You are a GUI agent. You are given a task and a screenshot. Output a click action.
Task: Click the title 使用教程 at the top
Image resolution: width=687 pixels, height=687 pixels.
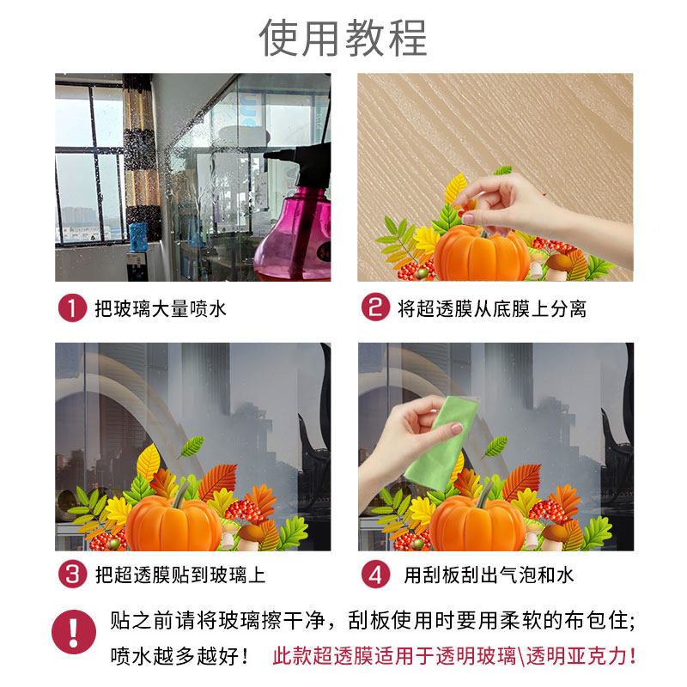click(x=343, y=39)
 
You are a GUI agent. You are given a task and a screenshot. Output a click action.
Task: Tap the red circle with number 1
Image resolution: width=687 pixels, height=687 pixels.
click(x=72, y=308)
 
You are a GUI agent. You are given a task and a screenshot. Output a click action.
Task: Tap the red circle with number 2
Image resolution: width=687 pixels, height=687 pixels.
click(x=374, y=308)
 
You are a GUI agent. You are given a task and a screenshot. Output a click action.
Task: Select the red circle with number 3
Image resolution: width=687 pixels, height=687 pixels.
click(x=72, y=575)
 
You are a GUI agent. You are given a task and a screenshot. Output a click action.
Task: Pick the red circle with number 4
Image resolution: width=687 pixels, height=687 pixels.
click(x=374, y=575)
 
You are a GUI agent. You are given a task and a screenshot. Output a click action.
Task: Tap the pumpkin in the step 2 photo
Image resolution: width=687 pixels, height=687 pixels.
click(x=481, y=255)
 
